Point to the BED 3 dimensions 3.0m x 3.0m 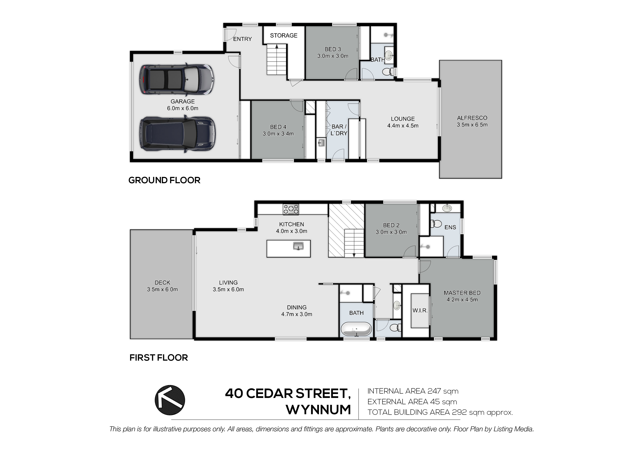click(x=333, y=56)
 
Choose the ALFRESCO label click(x=472, y=118)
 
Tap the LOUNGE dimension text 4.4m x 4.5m click(x=403, y=126)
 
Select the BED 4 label click(x=278, y=127)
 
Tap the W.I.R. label click(x=420, y=310)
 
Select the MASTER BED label click(x=462, y=293)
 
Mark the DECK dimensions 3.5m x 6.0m click(x=162, y=289)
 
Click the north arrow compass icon click(x=170, y=400)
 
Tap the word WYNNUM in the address click(x=318, y=410)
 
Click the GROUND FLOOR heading click(x=164, y=180)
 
